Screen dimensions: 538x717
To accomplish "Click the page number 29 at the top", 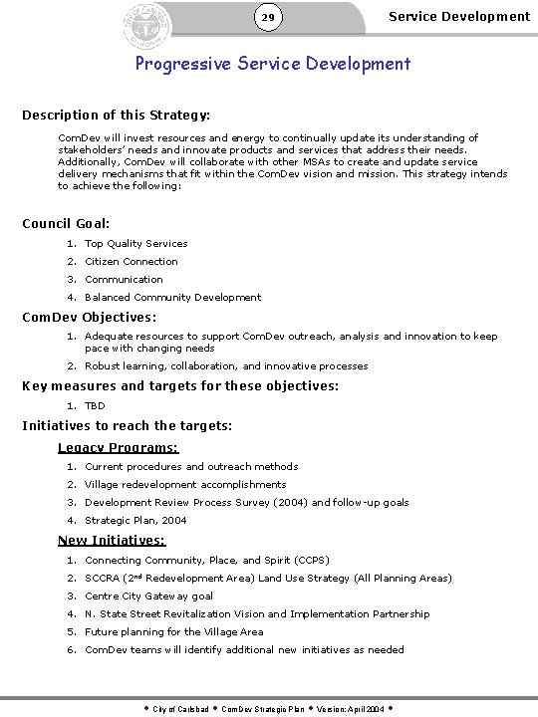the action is pyautogui.click(x=267, y=18).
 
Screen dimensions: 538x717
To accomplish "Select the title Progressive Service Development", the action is pyautogui.click(x=273, y=64).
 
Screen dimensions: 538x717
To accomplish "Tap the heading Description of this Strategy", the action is pyautogui.click(x=116, y=116).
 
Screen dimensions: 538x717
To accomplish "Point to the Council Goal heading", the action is pyautogui.click(x=66, y=223).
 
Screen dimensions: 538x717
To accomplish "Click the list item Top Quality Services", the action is pyautogui.click(x=135, y=244).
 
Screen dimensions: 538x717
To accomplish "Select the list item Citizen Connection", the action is pyautogui.click(x=132, y=262).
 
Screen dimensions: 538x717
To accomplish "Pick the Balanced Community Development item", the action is pyautogui.click(x=172, y=298).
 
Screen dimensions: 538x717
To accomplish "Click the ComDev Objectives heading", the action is pyautogui.click(x=90, y=318).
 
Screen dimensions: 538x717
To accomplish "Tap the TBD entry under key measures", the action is pyautogui.click(x=95, y=406).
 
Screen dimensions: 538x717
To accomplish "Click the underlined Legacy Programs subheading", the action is pyautogui.click(x=118, y=448).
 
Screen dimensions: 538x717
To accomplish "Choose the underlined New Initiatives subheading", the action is pyautogui.click(x=112, y=541).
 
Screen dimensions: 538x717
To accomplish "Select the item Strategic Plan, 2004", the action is pyautogui.click(x=135, y=521).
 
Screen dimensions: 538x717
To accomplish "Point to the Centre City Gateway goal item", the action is pyautogui.click(x=148, y=597).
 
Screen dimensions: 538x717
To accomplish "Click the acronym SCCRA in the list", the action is pyautogui.click(x=102, y=579).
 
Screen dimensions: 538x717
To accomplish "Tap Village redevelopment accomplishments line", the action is pyautogui.click(x=185, y=485).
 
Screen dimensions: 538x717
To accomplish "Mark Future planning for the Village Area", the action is pyautogui.click(x=174, y=632).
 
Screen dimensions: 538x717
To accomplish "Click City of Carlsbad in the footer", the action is pyautogui.click(x=180, y=709).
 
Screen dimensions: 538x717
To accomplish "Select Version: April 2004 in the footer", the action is pyautogui.click(x=340, y=709).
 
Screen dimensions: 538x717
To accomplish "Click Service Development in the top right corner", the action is pyautogui.click(x=458, y=16).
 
